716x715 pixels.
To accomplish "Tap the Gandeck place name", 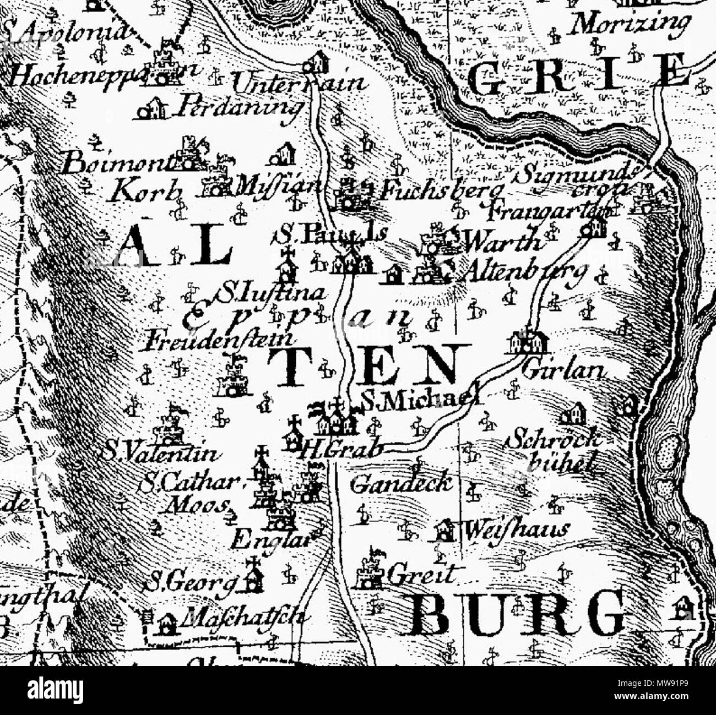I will coord(401,484).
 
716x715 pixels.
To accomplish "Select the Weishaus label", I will coord(516,530).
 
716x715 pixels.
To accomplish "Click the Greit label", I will coord(422,575).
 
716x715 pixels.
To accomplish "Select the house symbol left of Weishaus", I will coord(443,530).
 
